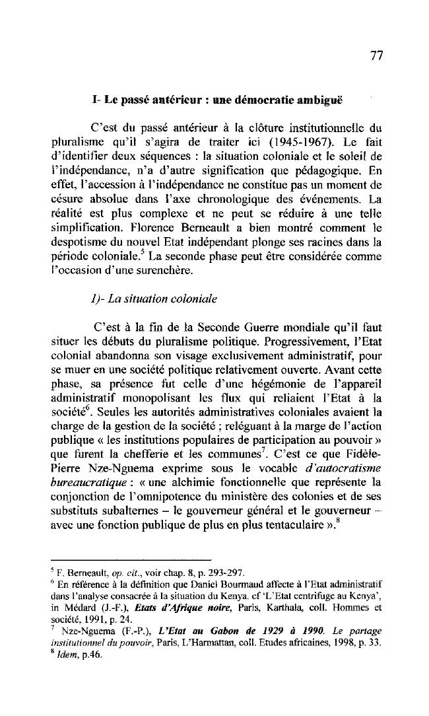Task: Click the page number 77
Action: [376, 55]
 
